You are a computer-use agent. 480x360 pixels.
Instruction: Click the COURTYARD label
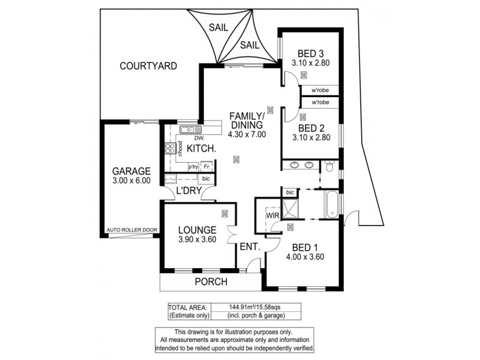click(148, 66)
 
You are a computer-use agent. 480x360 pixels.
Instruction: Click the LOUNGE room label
click(196, 230)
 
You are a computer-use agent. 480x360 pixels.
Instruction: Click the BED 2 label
click(311, 128)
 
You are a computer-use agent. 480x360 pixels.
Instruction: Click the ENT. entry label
click(249, 246)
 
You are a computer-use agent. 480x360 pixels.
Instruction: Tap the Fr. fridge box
click(206, 166)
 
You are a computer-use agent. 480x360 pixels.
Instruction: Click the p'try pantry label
click(193, 166)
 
